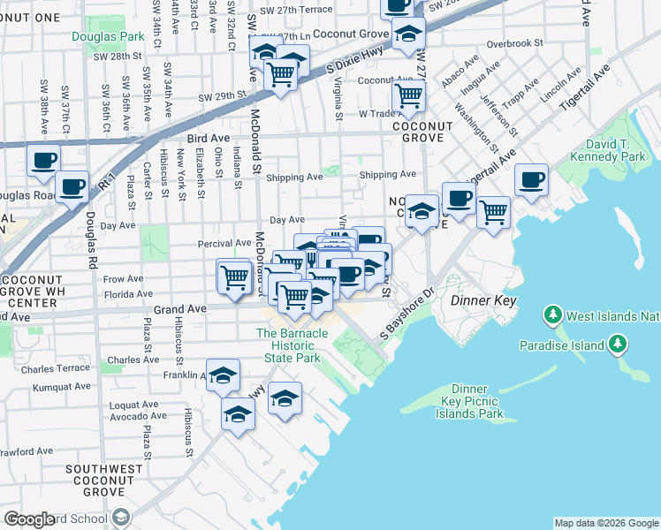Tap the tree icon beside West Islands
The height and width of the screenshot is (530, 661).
(553, 314)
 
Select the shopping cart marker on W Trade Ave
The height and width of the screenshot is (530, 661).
(408, 95)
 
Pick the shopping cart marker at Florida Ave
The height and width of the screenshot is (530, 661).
(235, 276)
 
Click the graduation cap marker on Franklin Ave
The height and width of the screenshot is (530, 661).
(224, 376)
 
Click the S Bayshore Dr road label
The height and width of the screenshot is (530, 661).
(408, 316)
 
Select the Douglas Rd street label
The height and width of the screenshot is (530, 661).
(90, 239)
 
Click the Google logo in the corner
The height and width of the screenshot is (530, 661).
(29, 519)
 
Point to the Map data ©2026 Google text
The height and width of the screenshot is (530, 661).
(605, 523)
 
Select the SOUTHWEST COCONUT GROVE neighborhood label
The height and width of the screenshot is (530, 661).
(109, 481)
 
